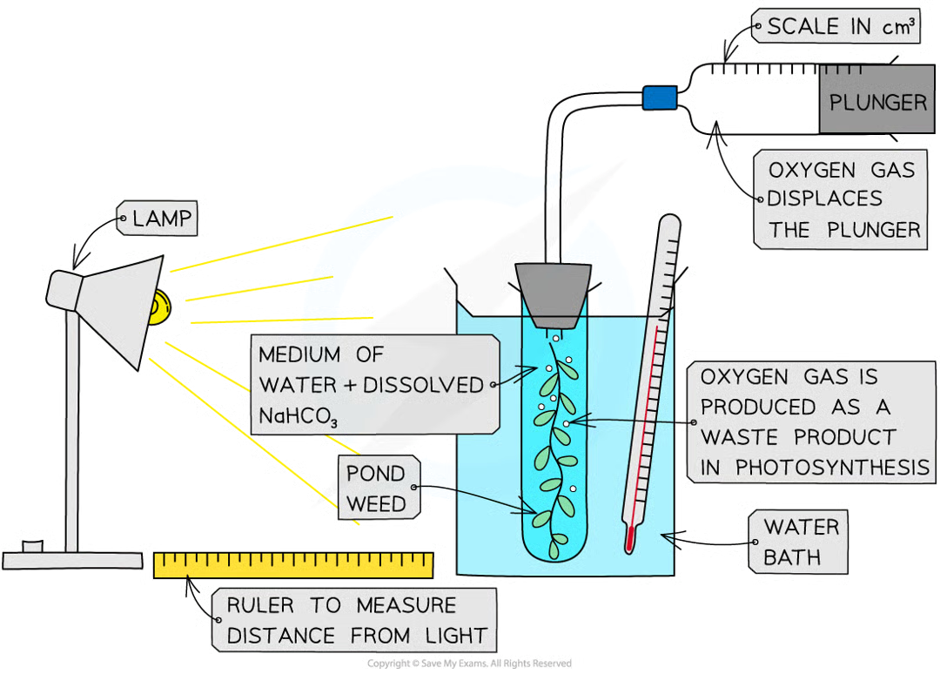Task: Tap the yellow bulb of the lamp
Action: pos(159,309)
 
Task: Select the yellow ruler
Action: pos(293,564)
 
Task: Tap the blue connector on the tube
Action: pos(660,98)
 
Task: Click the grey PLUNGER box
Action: pos(877,101)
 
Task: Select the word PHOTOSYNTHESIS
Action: pos(831,468)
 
